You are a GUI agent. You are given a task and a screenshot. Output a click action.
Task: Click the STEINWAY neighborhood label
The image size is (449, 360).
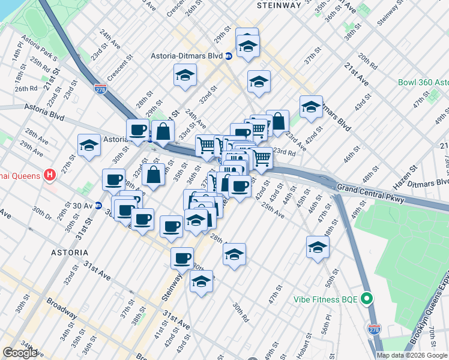click(x=279, y=5)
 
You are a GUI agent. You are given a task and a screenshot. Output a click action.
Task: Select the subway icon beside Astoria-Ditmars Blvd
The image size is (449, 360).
click(x=229, y=56)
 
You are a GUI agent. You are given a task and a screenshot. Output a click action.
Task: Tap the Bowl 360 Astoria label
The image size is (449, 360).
click(x=424, y=82)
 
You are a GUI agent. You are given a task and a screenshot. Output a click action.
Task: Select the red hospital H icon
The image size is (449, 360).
click(x=50, y=175)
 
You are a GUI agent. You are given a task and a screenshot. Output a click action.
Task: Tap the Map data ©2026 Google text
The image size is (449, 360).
click(x=412, y=355)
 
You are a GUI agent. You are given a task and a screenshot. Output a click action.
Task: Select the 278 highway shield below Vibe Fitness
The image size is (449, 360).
click(x=373, y=328)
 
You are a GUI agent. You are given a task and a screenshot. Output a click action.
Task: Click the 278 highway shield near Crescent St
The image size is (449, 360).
click(x=100, y=89)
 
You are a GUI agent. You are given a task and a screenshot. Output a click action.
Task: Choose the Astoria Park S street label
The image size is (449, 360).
click(x=38, y=51)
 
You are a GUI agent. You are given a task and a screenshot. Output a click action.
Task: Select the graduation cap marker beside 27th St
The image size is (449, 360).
click(x=89, y=145)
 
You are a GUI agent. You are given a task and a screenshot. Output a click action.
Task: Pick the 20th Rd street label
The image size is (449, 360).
click(x=363, y=57)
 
